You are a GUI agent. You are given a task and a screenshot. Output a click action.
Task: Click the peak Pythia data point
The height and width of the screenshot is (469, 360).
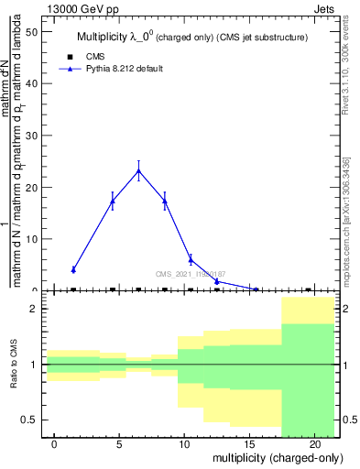[x=138, y=170]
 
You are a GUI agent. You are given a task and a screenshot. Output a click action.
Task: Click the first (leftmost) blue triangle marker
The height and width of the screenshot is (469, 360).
[x=73, y=269]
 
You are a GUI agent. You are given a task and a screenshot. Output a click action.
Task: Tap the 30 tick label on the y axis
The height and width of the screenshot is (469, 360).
[x=32, y=136]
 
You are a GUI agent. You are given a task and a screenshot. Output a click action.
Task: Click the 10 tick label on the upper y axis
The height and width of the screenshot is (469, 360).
[x=32, y=239]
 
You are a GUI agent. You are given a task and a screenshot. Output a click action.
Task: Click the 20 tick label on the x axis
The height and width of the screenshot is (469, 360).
[x=314, y=445]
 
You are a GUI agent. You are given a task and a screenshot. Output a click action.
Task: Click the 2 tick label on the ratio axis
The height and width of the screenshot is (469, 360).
[x=34, y=309]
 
